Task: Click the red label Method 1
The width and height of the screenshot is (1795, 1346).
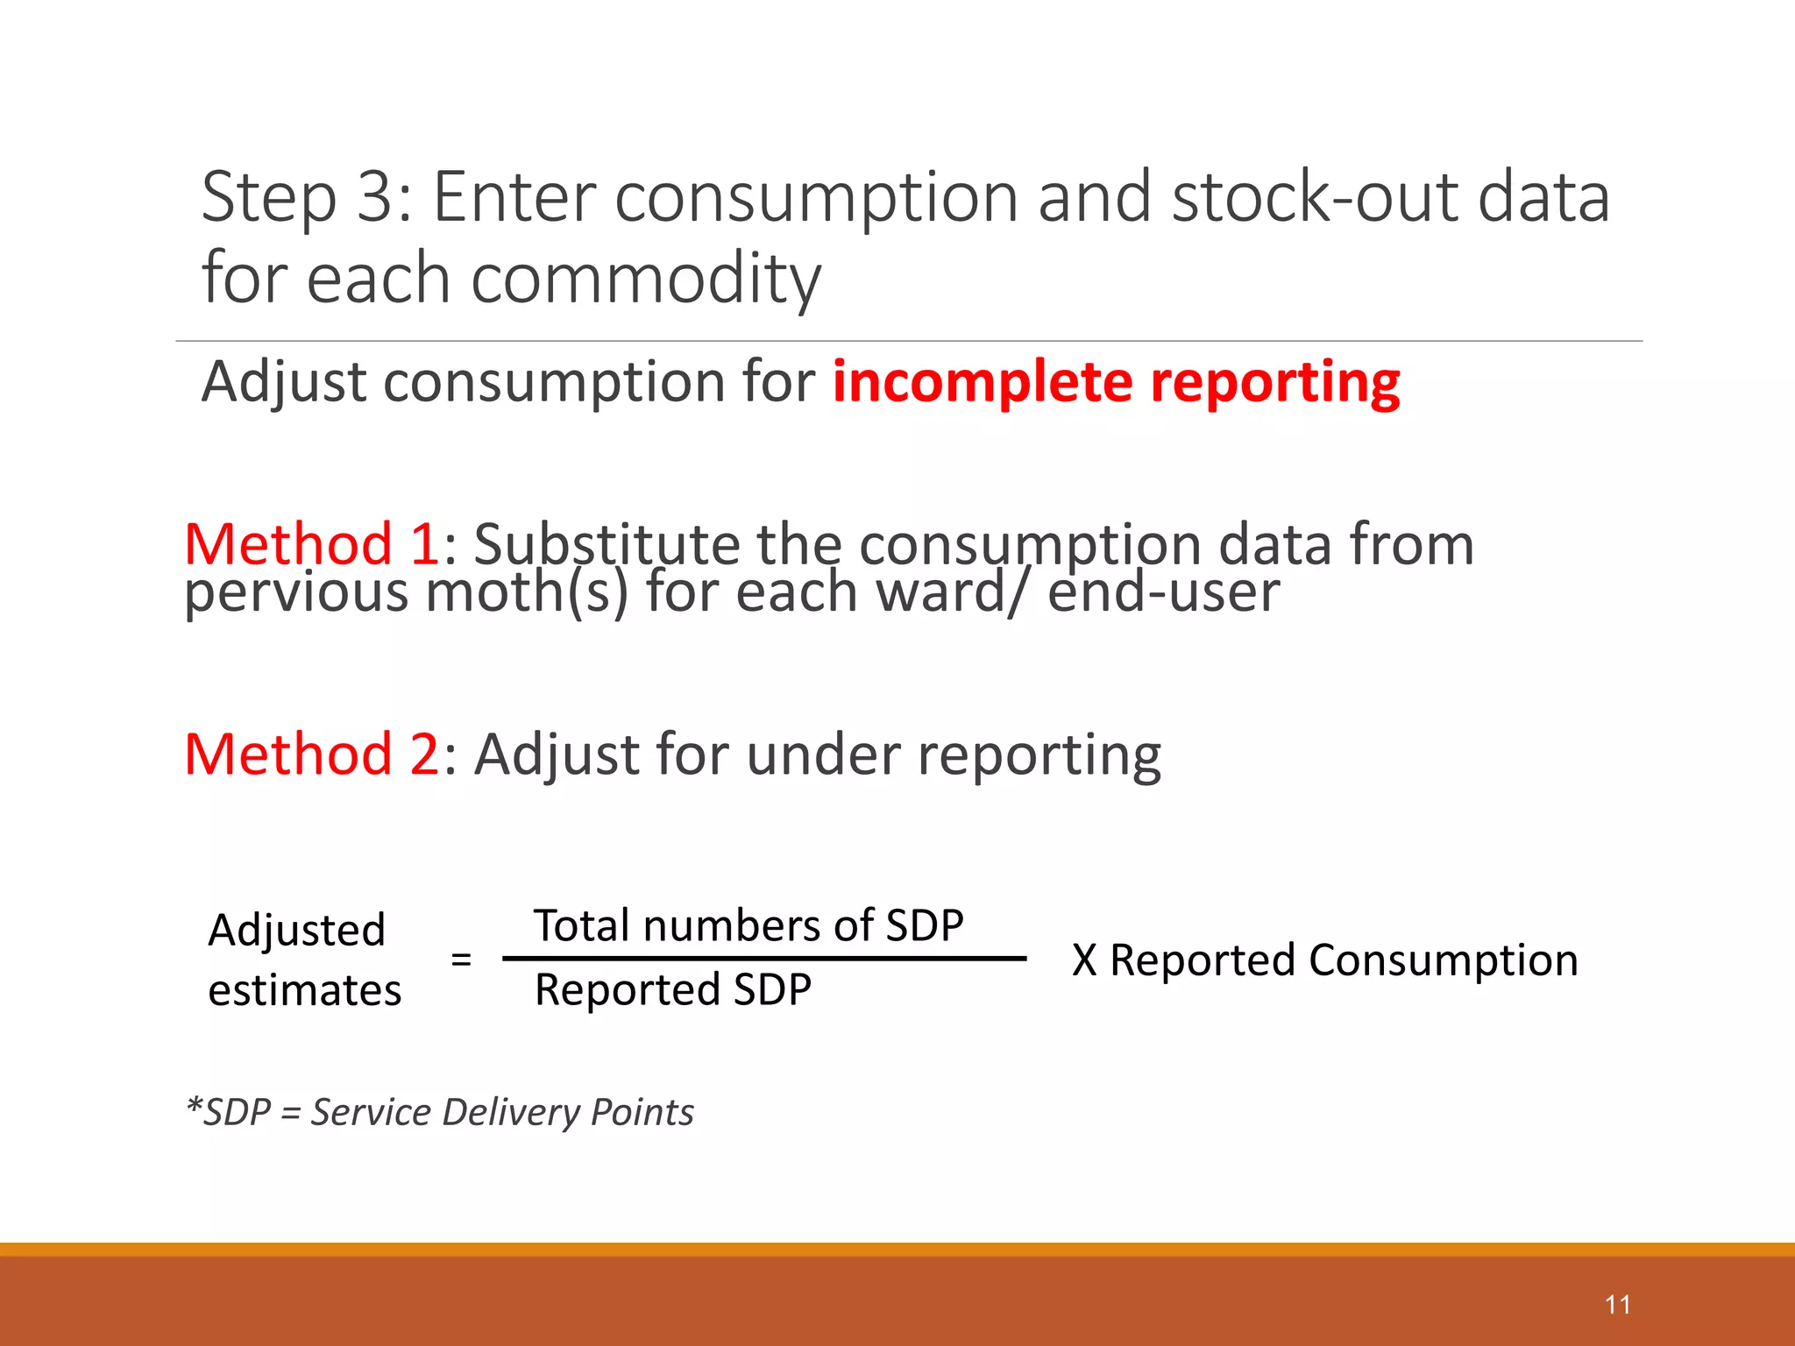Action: point(310,544)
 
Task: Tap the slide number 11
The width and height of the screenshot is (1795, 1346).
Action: point(1617,1305)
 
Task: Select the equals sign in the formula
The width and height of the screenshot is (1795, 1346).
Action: point(461,960)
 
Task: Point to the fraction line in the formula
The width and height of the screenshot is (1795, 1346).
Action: point(763,959)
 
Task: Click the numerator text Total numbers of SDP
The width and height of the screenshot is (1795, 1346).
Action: point(749,926)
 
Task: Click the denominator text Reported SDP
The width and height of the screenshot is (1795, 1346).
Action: point(672,990)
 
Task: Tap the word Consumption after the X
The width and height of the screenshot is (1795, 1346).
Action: point(1443,960)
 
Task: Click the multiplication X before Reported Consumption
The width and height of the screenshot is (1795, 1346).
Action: point(1084,960)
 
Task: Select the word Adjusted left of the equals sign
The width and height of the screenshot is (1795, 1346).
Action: point(296,931)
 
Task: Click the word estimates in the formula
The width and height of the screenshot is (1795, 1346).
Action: point(304,991)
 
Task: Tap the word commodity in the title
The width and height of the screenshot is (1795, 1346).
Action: point(646,279)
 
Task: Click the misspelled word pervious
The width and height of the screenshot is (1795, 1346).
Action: point(295,593)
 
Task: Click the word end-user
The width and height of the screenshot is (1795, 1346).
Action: point(1163,592)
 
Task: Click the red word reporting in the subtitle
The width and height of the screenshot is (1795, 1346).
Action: point(1274,383)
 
